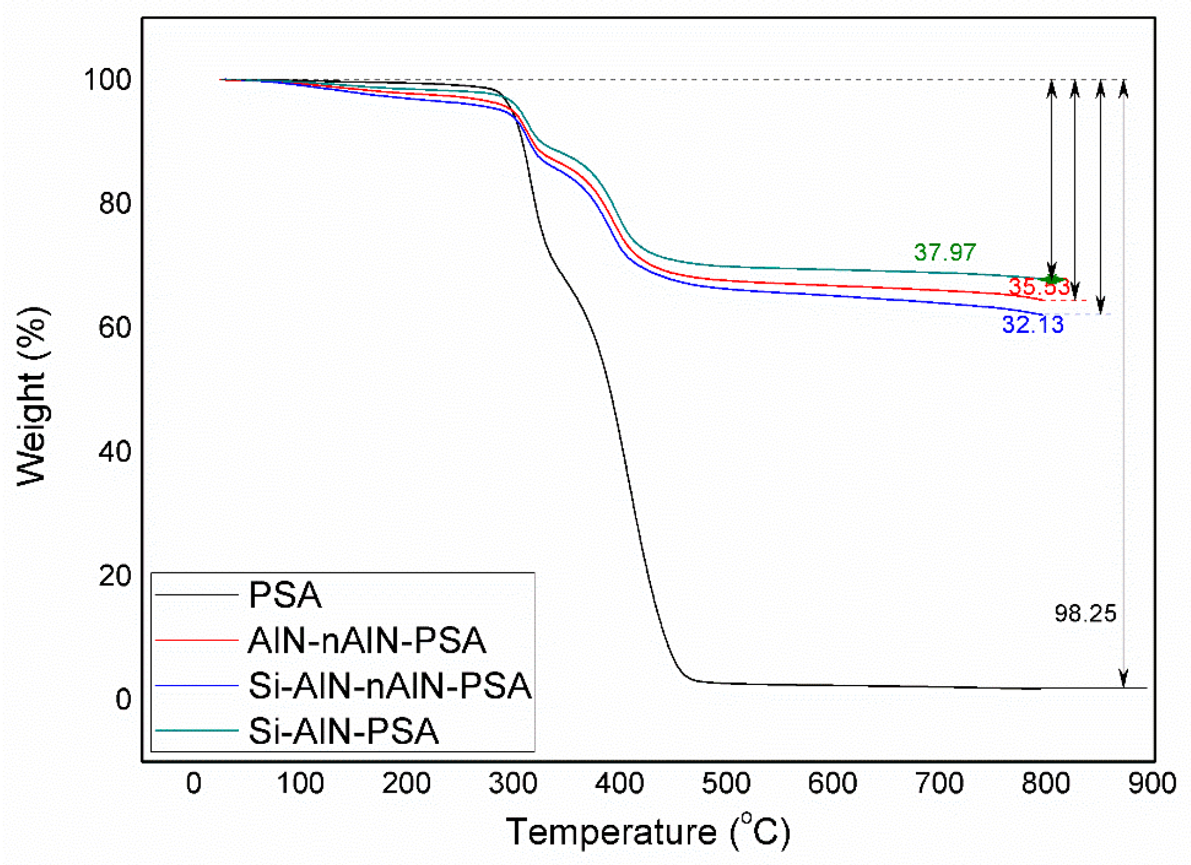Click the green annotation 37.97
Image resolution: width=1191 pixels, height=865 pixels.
pos(944,252)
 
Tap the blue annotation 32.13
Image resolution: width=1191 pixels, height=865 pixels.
pos(1033,324)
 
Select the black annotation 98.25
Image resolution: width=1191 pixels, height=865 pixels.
pos(1085,613)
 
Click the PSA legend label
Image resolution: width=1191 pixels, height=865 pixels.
pos(285,594)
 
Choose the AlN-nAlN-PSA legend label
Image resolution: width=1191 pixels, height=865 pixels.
pos(367,640)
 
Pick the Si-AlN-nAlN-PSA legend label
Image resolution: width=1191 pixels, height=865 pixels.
pos(390,686)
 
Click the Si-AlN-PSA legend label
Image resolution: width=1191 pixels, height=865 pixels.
pos(344,731)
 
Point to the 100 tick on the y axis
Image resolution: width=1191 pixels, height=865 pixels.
pos(108,79)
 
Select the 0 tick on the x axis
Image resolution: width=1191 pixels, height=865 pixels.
pos(194,783)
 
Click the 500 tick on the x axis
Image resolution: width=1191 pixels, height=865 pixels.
pos(726,783)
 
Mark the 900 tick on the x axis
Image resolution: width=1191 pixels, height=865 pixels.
pos(1151,783)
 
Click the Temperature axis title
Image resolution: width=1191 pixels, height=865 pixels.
pos(648,832)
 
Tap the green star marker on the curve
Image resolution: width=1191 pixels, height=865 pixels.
pos(1052,279)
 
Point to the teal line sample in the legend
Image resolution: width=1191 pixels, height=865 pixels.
pos(196,731)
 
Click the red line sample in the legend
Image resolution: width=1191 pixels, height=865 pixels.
pos(196,640)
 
